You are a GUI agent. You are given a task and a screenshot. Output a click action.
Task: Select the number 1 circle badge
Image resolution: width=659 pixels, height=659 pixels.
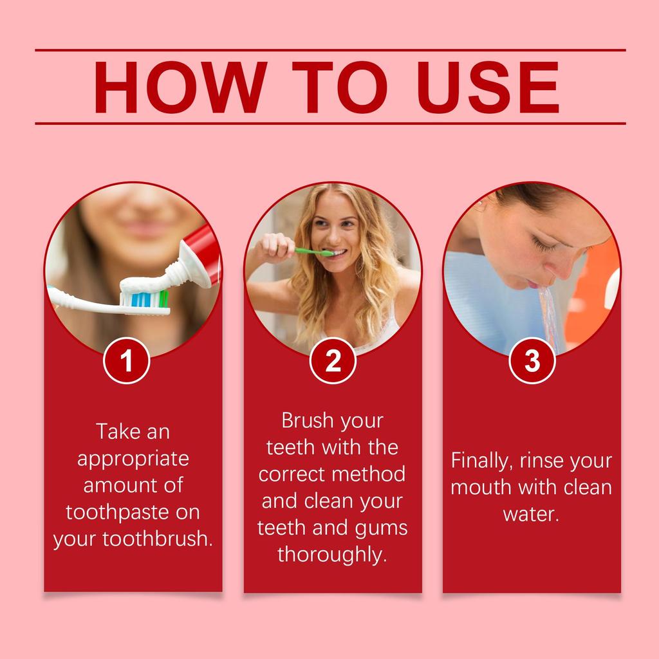(127, 361)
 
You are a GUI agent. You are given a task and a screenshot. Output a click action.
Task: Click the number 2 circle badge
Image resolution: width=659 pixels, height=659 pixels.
(333, 361)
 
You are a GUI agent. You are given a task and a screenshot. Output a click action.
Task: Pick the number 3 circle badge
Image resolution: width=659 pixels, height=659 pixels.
(532, 361)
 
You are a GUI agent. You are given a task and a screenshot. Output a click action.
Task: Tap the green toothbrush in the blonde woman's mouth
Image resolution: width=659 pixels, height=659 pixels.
(314, 251)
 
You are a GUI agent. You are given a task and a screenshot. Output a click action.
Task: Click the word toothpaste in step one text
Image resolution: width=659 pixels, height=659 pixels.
(115, 512)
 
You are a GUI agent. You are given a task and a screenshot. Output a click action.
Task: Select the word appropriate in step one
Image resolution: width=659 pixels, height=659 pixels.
(133, 459)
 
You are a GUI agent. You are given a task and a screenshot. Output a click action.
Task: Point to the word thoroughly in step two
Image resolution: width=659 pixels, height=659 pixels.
(333, 554)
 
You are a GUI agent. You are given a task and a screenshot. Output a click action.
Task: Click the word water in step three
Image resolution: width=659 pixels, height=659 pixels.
(530, 514)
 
